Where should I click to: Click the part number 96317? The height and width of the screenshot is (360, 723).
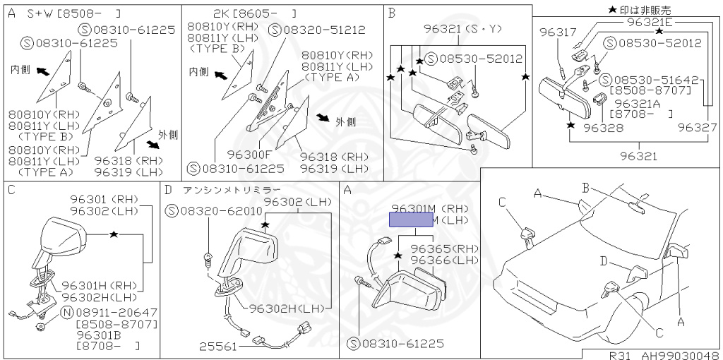coord(558,32)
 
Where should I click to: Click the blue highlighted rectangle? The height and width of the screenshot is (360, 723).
coord(414,220)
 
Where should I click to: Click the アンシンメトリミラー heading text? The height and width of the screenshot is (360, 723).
coord(231,190)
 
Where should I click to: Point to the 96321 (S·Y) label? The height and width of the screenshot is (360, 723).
coord(462,30)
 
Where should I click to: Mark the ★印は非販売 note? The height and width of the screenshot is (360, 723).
coord(639,8)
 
